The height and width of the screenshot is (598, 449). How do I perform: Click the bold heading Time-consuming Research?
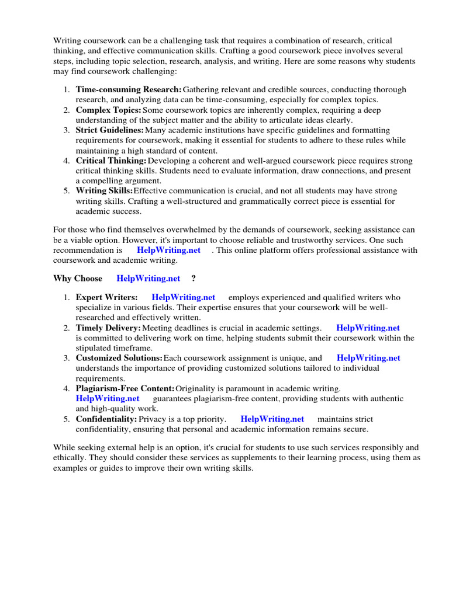coord(129,89)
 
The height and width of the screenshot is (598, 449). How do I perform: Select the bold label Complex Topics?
coord(108,110)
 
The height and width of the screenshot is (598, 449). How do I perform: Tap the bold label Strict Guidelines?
coord(110,130)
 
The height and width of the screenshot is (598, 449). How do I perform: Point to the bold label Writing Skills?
coord(104,191)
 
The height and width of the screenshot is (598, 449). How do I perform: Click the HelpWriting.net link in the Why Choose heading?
coord(148,279)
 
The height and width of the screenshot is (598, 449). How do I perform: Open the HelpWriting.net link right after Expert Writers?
coord(183,297)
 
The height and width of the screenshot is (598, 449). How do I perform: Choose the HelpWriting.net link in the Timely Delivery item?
coord(368,328)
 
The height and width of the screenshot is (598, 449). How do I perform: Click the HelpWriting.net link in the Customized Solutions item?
coord(369,358)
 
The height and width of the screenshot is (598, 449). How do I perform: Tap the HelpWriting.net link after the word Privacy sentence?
coord(272,419)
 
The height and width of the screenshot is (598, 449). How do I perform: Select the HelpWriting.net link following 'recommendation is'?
coord(168,250)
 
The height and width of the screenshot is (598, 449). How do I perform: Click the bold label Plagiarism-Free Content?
coord(125,388)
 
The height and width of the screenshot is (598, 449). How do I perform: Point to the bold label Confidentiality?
coord(106,419)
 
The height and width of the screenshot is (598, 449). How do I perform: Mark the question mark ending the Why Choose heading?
coord(194,279)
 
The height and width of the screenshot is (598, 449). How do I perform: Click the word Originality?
coord(196,388)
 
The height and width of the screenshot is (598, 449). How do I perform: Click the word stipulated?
coord(95,348)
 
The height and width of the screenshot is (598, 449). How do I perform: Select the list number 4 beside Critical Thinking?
coord(67,161)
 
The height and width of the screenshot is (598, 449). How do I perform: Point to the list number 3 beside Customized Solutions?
coord(67,358)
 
